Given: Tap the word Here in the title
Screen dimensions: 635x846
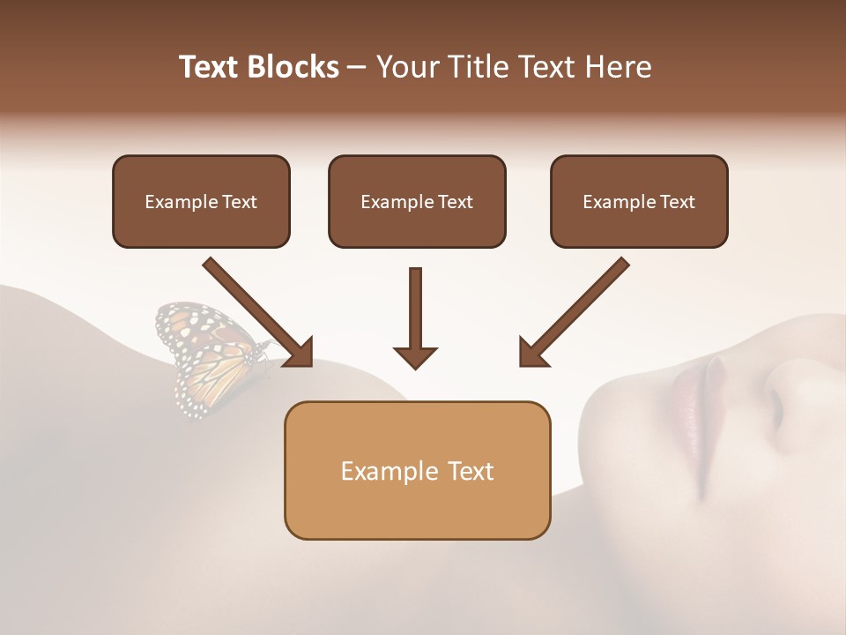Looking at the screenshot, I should pos(617,67).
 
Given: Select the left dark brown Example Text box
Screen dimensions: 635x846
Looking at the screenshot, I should pos(201,201).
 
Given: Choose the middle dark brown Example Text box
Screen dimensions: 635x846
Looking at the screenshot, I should pos(417,201).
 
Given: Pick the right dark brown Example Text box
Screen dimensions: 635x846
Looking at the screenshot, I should pos(639,201).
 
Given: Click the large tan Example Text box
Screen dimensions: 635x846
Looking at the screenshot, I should pos(417,470).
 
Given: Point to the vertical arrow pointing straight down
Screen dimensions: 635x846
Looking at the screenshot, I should pos(416,313).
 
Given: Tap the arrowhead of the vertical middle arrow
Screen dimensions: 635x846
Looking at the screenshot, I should pos(416,355).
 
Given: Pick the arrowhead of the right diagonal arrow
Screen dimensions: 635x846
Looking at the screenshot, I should pos(533,351).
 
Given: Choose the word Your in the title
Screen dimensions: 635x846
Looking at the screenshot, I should pos(404,67).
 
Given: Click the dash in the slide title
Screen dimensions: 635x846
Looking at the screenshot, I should pos(357,67).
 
